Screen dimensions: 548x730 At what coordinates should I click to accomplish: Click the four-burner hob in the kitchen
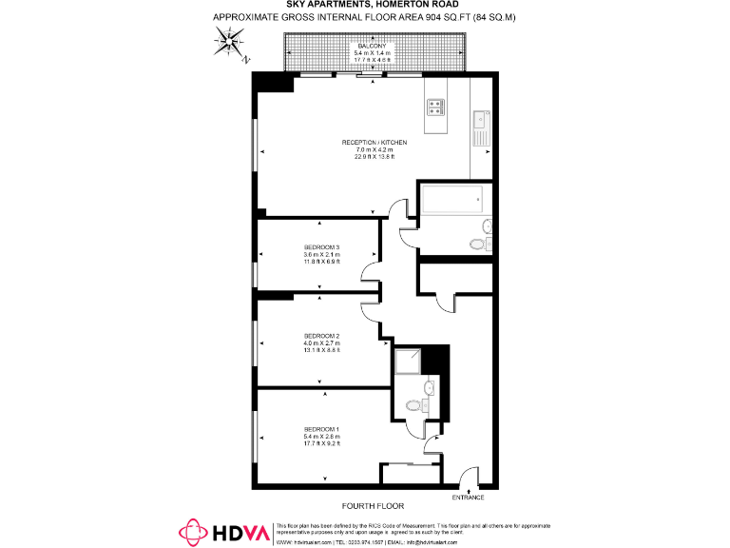coord(436,107)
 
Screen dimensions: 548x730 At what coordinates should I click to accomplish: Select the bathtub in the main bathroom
coord(451,201)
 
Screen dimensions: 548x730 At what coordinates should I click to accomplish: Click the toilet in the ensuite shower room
coord(413,405)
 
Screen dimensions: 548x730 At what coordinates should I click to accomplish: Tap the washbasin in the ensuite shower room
coord(431,387)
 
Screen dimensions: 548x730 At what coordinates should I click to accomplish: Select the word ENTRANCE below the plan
coord(468,498)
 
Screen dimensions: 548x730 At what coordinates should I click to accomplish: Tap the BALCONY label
coord(372,46)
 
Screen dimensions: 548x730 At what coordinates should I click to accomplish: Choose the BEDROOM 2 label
coord(321,336)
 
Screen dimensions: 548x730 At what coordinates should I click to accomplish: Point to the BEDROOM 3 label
coord(321,247)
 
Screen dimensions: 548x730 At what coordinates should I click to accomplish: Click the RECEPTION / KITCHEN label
coord(375,143)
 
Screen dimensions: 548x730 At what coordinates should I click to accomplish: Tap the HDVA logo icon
coord(193,531)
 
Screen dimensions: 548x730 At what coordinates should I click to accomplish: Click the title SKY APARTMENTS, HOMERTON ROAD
coord(365,5)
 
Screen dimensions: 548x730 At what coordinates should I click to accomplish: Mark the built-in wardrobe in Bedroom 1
coord(411,476)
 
